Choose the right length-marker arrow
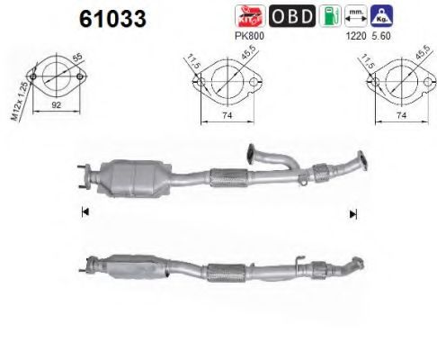[352, 213]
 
